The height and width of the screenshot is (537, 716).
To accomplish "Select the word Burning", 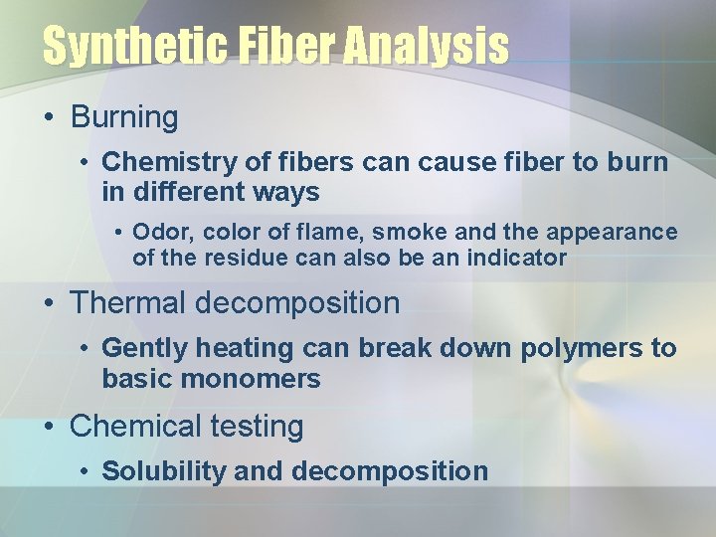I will pyautogui.click(x=124, y=117).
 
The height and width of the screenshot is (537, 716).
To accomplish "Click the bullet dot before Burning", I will pyautogui.click(x=49, y=118).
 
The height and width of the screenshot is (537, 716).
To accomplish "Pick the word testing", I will pyautogui.click(x=257, y=427).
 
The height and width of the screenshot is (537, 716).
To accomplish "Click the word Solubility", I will pyautogui.click(x=164, y=470).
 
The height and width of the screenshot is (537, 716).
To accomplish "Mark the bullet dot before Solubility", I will pyautogui.click(x=87, y=471).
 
